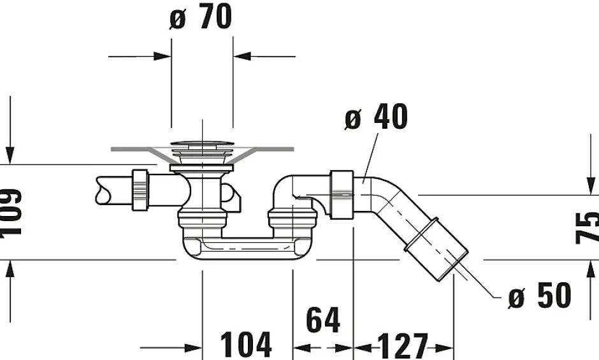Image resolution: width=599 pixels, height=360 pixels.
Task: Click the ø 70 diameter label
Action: [x=201, y=17]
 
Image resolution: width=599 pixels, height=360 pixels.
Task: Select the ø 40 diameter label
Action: [x=376, y=118]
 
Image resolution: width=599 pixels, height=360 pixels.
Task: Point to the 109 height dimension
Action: [x=11, y=213]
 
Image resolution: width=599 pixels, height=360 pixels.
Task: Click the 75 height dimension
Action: [x=587, y=227]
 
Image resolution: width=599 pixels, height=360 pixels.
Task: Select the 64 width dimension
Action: [x=323, y=320]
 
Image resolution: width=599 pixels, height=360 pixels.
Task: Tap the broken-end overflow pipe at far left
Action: [x=112, y=190]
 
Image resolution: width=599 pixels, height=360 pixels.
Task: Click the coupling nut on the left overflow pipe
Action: [x=140, y=189]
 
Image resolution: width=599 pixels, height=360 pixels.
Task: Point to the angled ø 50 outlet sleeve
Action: [x=437, y=248]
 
